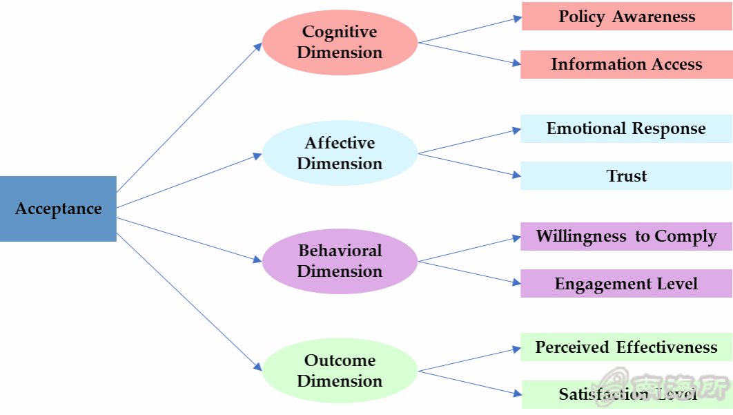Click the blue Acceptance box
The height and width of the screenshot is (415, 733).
click(58, 209)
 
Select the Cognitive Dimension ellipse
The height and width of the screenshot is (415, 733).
click(340, 42)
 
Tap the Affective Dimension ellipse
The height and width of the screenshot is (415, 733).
click(340, 153)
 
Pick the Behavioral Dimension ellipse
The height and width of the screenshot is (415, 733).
click(340, 261)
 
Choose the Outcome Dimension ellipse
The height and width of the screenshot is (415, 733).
click(340, 371)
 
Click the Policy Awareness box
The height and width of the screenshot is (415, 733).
click(627, 17)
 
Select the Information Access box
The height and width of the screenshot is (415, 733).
click(627, 64)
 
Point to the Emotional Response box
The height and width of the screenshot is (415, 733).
click(627, 128)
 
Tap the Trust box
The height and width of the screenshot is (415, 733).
click(627, 176)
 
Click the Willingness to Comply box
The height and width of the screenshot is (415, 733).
click(627, 236)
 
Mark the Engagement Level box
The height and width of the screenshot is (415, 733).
click(627, 284)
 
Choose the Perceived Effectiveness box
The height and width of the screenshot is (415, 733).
click(627, 347)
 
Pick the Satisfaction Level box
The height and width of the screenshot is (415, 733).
click(627, 394)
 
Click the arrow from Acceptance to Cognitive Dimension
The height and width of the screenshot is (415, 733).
click(188, 118)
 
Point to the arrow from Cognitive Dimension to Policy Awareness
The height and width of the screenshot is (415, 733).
click(469, 30)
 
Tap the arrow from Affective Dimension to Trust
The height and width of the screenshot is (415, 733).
click(469, 164)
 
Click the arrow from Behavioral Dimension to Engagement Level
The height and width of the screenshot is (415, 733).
click(469, 272)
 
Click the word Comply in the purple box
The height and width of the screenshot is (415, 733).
click(685, 237)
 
